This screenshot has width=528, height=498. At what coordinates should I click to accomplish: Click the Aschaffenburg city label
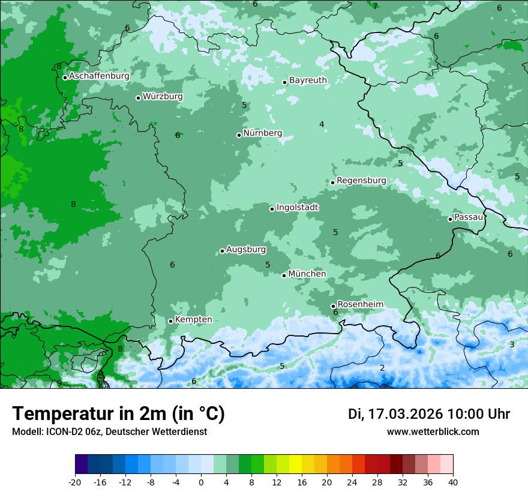click(99, 76)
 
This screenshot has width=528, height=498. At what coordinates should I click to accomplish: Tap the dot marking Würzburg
click(138, 98)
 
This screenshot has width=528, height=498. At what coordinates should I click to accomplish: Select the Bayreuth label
click(308, 80)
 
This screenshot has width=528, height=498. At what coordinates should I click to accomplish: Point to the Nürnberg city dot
click(239, 135)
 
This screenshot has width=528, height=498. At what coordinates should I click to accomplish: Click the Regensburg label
click(361, 180)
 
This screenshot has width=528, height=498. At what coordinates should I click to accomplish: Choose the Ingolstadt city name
click(297, 207)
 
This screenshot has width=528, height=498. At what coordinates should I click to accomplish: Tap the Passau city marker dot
click(450, 219)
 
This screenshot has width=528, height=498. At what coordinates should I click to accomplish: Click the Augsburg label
click(245, 249)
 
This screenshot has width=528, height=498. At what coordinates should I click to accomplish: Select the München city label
click(307, 274)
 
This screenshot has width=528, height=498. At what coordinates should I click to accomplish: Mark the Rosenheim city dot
click(333, 307)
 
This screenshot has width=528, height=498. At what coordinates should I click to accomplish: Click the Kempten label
click(193, 319)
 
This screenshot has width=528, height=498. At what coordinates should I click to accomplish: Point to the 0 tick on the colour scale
click(201, 482)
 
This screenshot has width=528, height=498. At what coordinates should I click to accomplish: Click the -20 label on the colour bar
click(75, 482)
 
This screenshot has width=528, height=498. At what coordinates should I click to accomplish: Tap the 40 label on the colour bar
click(453, 482)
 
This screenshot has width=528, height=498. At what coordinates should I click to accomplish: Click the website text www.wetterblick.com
click(433, 431)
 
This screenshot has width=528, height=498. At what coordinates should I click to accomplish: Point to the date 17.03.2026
click(405, 414)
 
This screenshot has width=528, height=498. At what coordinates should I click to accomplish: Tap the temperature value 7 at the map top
click(375, 6)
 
